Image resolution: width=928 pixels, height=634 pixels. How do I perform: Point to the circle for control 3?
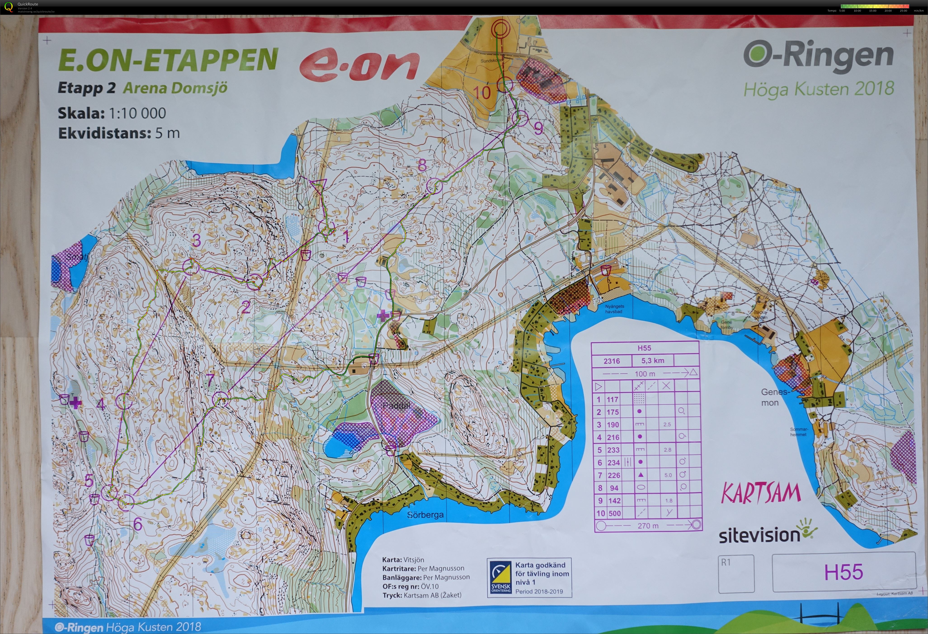coord(191,266)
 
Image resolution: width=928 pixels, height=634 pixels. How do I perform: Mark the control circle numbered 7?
coord(220,399)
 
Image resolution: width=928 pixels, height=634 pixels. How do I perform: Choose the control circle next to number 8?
coord(434,186)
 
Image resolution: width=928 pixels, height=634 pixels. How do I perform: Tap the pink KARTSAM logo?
coord(761,493)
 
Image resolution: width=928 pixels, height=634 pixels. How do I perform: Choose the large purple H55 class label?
coord(843,572)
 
